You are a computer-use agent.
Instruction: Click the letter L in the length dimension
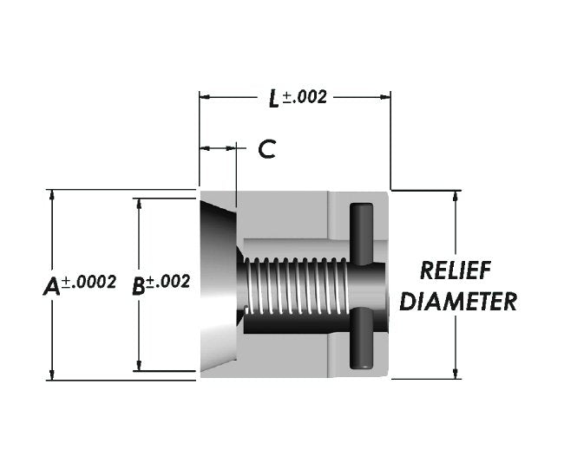coord(273,98)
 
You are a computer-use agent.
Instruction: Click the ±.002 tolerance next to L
coord(305,96)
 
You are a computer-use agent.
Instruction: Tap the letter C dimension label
coord(267,149)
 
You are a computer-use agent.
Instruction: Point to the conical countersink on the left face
coord(218,286)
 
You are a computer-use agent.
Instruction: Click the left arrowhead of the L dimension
coord(205,97)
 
